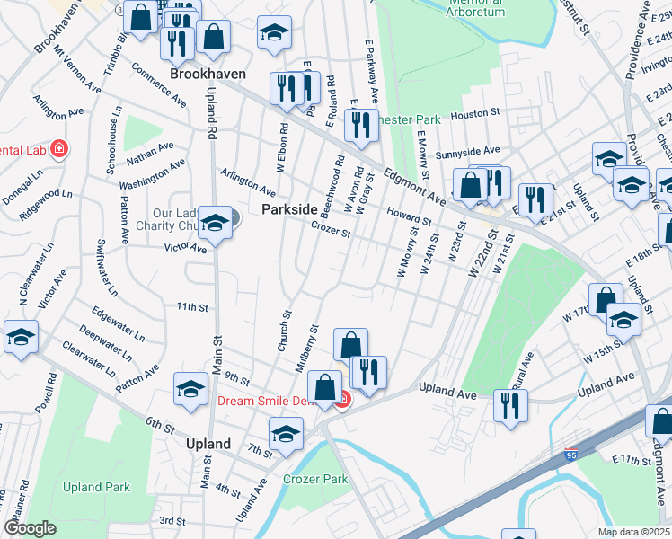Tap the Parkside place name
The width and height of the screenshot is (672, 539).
[x=289, y=208]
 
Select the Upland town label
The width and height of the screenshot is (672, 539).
[x=208, y=444]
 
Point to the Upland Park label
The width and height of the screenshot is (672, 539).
[x=96, y=488]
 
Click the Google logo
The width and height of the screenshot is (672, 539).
[x=30, y=528]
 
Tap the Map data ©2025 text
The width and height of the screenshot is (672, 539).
[x=633, y=532]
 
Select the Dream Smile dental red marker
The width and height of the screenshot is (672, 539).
[x=341, y=401]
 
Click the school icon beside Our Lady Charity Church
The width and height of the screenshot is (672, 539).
[x=216, y=222]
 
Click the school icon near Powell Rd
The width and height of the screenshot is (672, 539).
[x=21, y=337]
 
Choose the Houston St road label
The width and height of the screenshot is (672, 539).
[x=475, y=114]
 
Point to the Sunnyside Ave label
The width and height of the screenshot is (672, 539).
[x=466, y=152]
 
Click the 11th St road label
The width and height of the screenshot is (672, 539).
[x=192, y=307]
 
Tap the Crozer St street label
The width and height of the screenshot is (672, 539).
[x=330, y=231]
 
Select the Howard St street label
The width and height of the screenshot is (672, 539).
[x=410, y=216]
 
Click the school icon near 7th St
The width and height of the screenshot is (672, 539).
[x=286, y=436]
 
